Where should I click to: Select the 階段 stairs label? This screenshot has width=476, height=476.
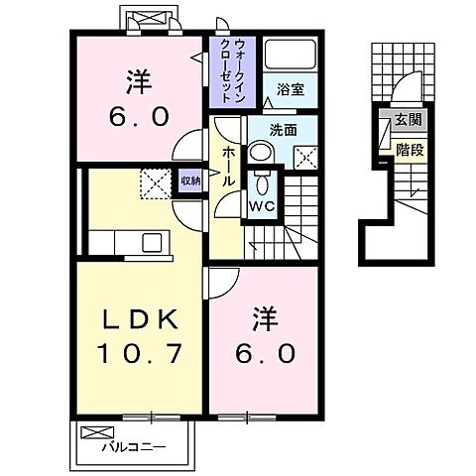click(x=407, y=150)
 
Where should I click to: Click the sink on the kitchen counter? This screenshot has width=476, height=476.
click(x=153, y=241)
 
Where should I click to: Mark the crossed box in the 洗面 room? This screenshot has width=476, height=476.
click(x=305, y=156)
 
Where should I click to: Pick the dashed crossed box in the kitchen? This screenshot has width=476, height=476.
click(x=153, y=182)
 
